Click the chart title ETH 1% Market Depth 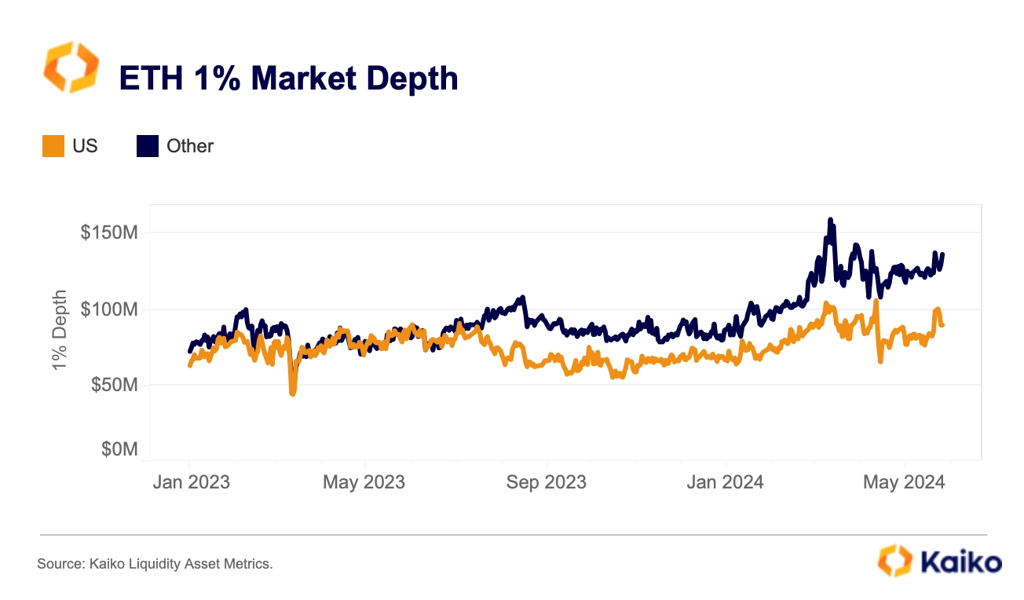click(x=288, y=79)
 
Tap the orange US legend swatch click(x=53, y=146)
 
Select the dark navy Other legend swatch click(x=148, y=146)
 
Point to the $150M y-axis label click(x=109, y=232)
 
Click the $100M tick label click(x=109, y=309)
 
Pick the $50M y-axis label click(x=115, y=385)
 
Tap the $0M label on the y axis click(x=119, y=449)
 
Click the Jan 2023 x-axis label click(x=191, y=482)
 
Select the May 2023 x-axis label click(x=364, y=482)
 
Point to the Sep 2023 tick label click(x=547, y=482)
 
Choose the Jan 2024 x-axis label click(x=725, y=482)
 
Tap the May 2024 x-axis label click(x=904, y=482)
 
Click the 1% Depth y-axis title click(x=60, y=330)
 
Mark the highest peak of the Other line click(x=830, y=220)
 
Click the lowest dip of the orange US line click(x=293, y=393)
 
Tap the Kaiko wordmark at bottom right click(x=960, y=562)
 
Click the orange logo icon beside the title click(x=71, y=67)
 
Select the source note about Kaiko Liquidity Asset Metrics click(x=155, y=564)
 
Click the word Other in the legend click(x=190, y=146)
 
